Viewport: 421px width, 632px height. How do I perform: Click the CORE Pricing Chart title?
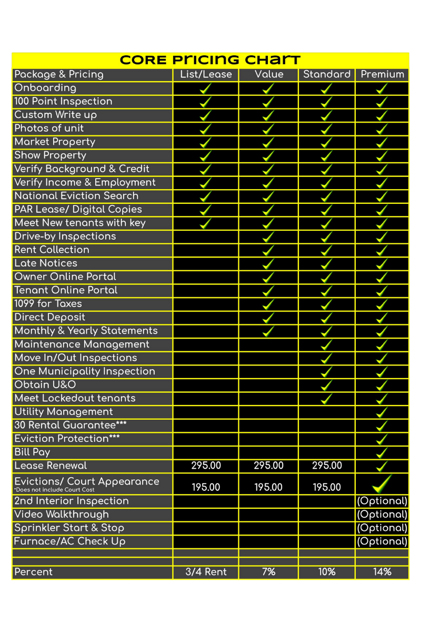pyautogui.click(x=210, y=60)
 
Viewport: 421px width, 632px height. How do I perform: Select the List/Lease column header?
pyautogui.click(x=206, y=74)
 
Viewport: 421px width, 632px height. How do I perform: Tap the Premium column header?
pyautogui.click(x=382, y=74)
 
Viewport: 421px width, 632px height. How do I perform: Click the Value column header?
pyautogui.click(x=268, y=74)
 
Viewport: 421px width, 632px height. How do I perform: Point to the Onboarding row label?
pyautogui.click(x=45, y=88)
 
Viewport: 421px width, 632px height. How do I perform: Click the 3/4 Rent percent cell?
pyautogui.click(x=206, y=572)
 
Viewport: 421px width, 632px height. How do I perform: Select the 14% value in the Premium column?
pyautogui.click(x=382, y=572)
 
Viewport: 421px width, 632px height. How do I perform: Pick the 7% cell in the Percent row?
pyautogui.click(x=268, y=572)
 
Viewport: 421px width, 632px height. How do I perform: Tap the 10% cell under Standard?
pyautogui.click(x=326, y=572)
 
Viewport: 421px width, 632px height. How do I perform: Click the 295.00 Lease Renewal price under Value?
pyautogui.click(x=268, y=466)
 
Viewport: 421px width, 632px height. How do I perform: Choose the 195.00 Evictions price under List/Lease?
pyautogui.click(x=206, y=487)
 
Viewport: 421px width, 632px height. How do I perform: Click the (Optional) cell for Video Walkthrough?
pyautogui.click(x=382, y=515)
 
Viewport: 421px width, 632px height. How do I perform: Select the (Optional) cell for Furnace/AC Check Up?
pyautogui.click(x=382, y=541)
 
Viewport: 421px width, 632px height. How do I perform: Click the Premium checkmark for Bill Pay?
pyautogui.click(x=383, y=452)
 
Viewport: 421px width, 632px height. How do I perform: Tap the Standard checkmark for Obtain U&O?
pyautogui.click(x=326, y=385)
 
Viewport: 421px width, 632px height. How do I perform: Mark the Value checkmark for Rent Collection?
pyautogui.click(x=268, y=250)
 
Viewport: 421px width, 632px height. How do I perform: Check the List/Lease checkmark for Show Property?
pyautogui.click(x=206, y=155)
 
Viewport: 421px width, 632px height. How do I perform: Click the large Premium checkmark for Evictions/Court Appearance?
pyautogui.click(x=382, y=482)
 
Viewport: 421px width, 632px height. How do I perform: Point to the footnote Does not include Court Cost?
pyautogui.click(x=54, y=490)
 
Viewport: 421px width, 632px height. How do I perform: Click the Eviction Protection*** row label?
pyautogui.click(x=67, y=439)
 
